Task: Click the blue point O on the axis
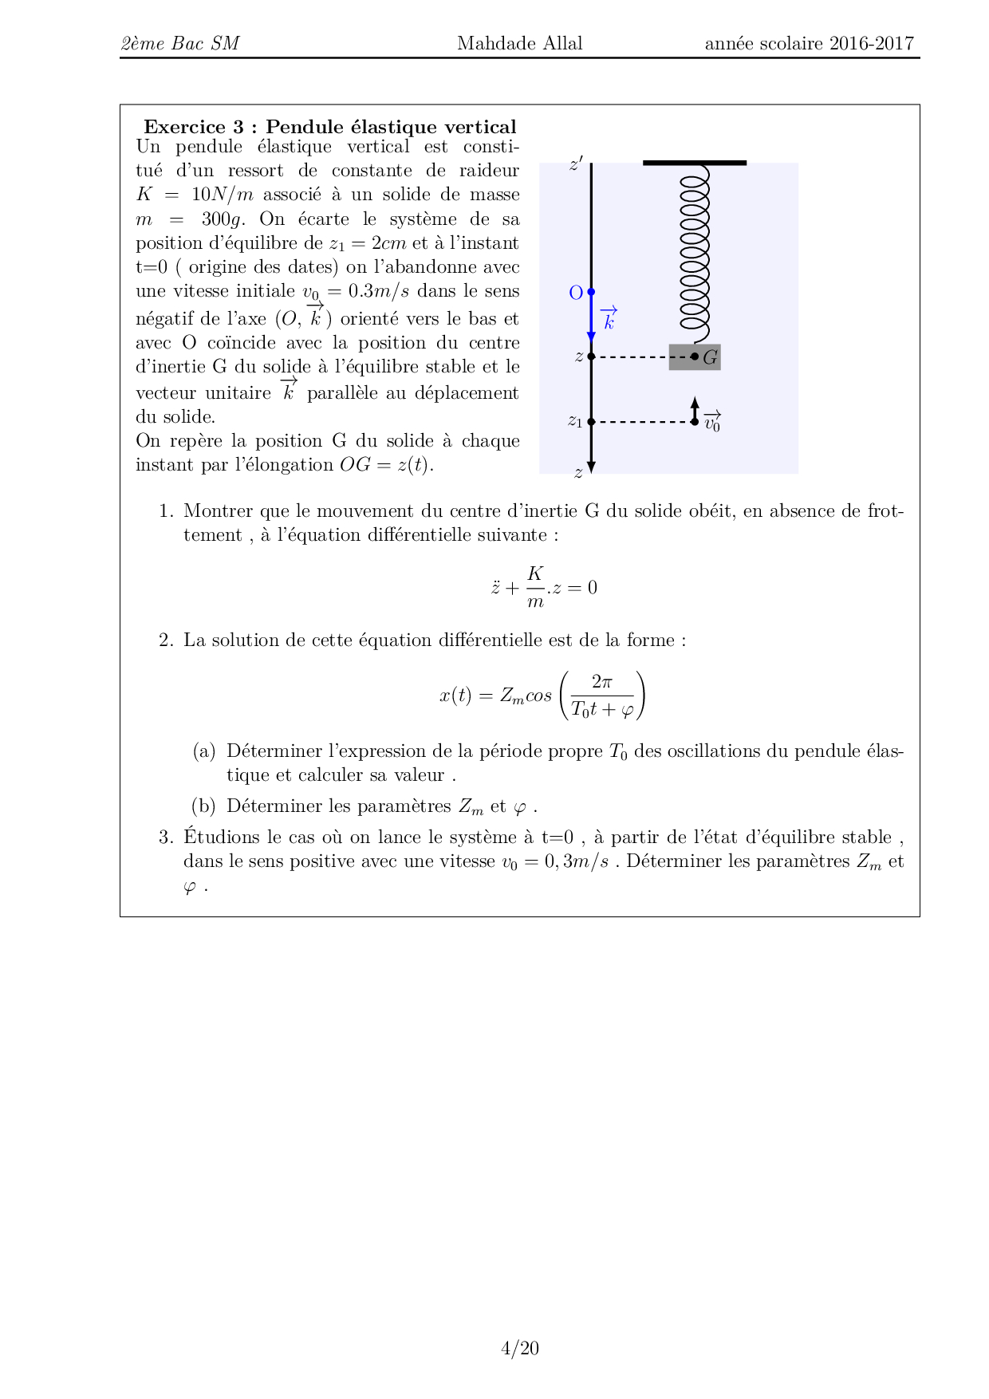[591, 293]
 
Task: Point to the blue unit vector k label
[609, 319]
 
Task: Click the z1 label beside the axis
[574, 421]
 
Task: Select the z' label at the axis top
[576, 164]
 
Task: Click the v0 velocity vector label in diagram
[712, 422]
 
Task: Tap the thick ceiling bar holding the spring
[694, 163]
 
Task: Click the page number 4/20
[519, 1348]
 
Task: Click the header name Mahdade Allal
[519, 44]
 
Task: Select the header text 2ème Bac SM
[180, 44]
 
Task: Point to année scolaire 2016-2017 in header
[809, 44]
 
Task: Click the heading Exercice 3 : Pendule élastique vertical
[329, 127]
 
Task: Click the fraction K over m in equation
[535, 587]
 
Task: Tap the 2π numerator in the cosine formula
[602, 682]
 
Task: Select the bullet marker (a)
[204, 751]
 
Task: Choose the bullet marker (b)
[204, 806]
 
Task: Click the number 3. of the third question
[166, 837]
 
